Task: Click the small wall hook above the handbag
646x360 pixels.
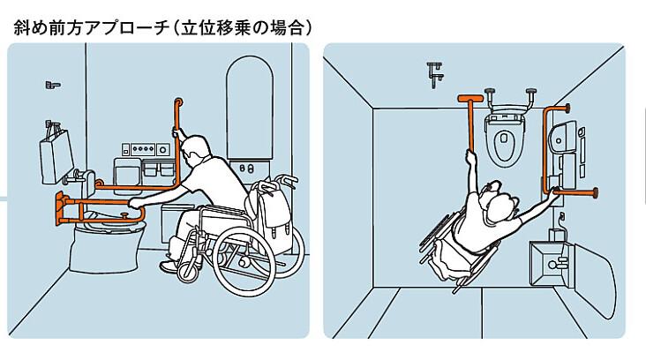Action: tap(52, 85)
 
